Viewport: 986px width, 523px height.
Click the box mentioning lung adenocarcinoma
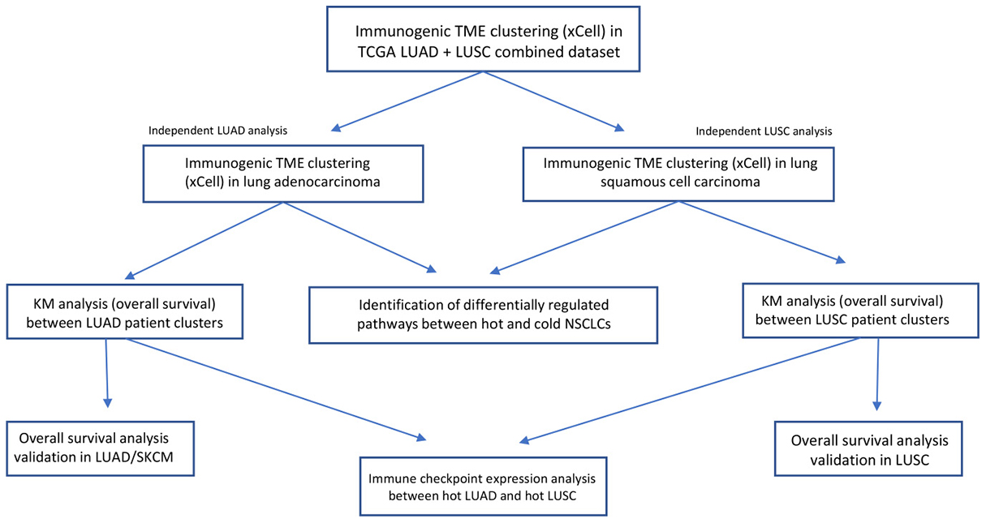click(x=283, y=174)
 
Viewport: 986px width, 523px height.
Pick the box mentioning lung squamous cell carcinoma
click(x=678, y=173)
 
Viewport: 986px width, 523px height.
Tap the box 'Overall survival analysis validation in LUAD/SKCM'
click(x=100, y=448)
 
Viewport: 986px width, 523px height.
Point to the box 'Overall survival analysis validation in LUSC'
click(x=868, y=448)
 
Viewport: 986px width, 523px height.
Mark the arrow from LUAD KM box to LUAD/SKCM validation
click(x=107, y=373)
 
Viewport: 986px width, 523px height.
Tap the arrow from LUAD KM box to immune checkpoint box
click(x=276, y=388)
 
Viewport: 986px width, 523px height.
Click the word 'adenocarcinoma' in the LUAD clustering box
click(x=327, y=182)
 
